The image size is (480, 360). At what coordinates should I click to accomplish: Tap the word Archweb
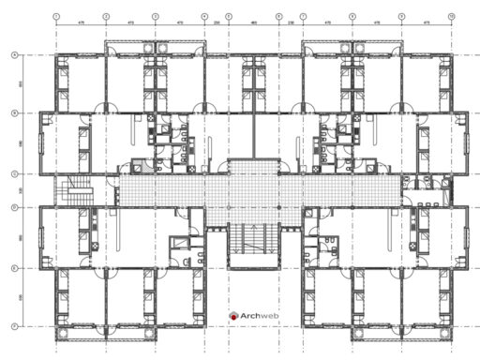click(x=256, y=317)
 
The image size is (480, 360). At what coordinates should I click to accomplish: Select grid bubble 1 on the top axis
click(x=56, y=17)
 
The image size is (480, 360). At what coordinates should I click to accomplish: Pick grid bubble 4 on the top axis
click(x=204, y=17)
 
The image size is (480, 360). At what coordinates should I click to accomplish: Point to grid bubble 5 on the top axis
click(x=229, y=17)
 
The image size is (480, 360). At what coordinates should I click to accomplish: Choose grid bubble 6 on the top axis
click(x=278, y=17)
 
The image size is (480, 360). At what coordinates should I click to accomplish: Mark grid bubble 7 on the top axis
click(x=302, y=17)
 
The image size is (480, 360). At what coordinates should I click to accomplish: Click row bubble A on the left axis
click(x=14, y=55)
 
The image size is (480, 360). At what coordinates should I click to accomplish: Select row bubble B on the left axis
click(x=14, y=113)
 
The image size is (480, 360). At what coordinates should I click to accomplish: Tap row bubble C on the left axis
click(x=14, y=173)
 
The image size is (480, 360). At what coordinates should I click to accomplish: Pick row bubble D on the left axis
click(x=14, y=207)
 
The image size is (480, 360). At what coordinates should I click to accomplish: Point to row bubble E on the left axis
click(x=14, y=268)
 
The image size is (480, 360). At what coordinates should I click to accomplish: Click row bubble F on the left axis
click(x=14, y=325)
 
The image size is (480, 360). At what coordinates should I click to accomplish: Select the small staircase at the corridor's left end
click(x=74, y=193)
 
